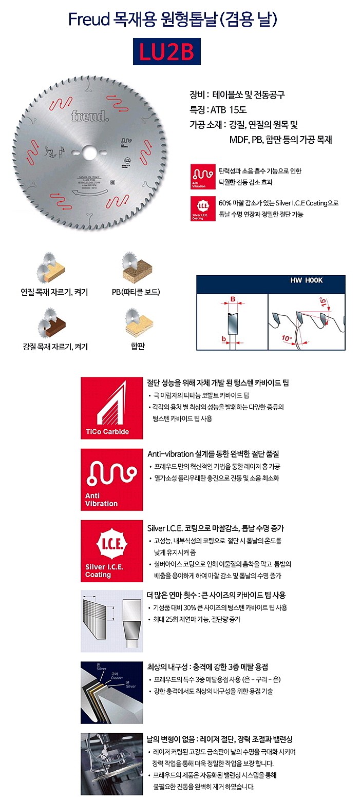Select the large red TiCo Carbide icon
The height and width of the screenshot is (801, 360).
(x=111, y=408)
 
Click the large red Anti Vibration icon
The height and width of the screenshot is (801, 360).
(x=111, y=480)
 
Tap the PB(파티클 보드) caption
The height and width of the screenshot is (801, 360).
(x=136, y=292)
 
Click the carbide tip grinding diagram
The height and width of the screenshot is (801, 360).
(x=111, y=622)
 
